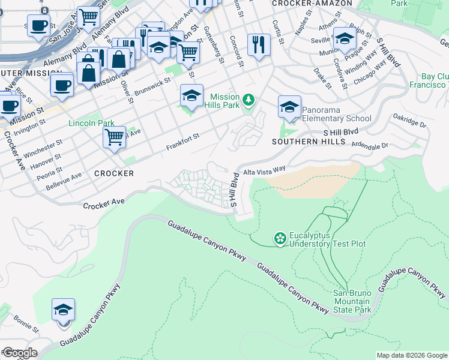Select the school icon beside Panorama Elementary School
pyautogui.click(x=289, y=108)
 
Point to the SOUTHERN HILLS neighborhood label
pyautogui.click(x=309, y=142)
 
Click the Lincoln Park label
pyautogui.click(x=92, y=124)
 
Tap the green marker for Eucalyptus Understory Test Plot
pyautogui.click(x=280, y=239)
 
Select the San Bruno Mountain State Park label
pyautogui.click(x=352, y=301)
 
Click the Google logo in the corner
pyautogui.click(x=19, y=353)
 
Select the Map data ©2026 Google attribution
pyautogui.click(x=412, y=356)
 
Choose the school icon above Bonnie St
pyautogui.click(x=63, y=310)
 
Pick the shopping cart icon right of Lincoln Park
pyautogui.click(x=114, y=137)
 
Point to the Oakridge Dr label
pyautogui.click(x=409, y=122)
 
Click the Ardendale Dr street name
pyautogui.click(x=370, y=145)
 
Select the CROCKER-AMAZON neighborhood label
pyautogui.click(x=302, y=4)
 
